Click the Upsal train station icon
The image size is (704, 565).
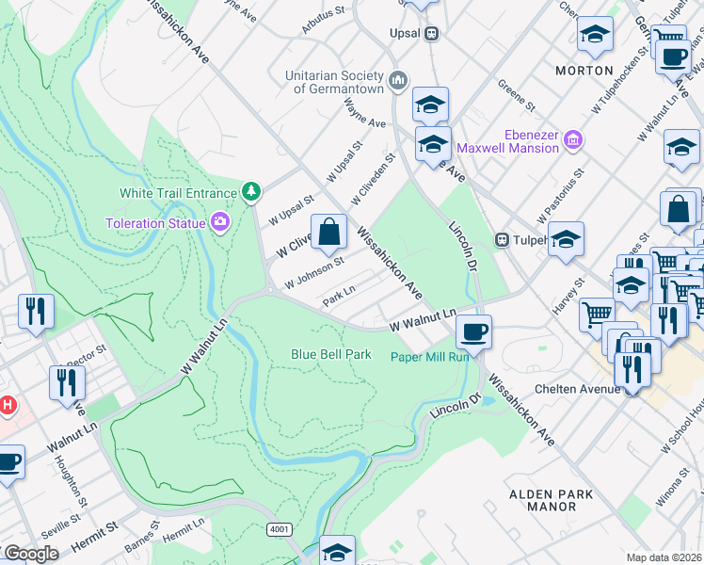tap(432, 33)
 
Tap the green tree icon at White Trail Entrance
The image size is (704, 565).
tap(250, 192)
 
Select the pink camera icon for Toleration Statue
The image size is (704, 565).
tap(220, 223)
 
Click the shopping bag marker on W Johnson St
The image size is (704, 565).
tap(329, 233)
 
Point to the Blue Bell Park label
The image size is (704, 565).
tap(330, 355)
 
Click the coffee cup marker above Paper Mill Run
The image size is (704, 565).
tap(473, 331)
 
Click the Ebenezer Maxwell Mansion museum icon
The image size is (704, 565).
tap(572, 142)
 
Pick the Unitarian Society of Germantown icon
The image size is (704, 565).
tap(398, 81)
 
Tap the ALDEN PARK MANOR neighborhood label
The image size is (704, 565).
tap(551, 500)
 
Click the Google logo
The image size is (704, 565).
tap(30, 554)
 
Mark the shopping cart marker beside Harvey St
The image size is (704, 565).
tap(595, 314)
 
